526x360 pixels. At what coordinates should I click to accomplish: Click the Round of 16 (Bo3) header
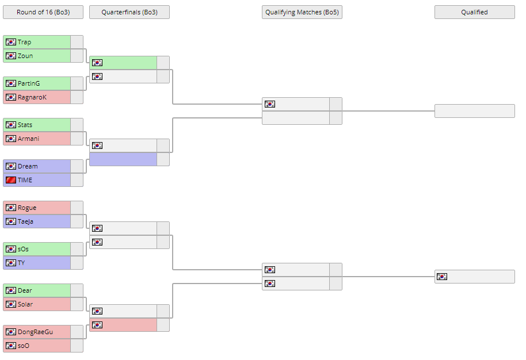pyautogui.click(x=43, y=12)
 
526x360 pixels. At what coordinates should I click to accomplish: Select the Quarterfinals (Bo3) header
pyautogui.click(x=129, y=12)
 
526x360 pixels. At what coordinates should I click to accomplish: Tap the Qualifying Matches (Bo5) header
pyautogui.click(x=302, y=12)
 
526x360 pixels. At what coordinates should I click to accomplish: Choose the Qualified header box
pyautogui.click(x=475, y=12)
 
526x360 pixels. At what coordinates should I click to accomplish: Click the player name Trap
pyautogui.click(x=25, y=42)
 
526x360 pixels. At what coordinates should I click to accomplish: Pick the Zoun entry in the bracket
pyautogui.click(x=25, y=56)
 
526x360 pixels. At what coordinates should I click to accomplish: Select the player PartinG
pyautogui.click(x=29, y=83)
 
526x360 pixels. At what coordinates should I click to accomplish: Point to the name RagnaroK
pyautogui.click(x=32, y=97)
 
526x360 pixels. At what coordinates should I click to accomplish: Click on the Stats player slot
pyautogui.click(x=25, y=125)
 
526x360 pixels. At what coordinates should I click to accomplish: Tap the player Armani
pyautogui.click(x=29, y=139)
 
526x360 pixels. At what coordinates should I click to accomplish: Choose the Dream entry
pyautogui.click(x=28, y=166)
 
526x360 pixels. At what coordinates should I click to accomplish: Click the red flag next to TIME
pyautogui.click(x=11, y=180)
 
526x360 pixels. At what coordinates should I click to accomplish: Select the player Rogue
pyautogui.click(x=27, y=208)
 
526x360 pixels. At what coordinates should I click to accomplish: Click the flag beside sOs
pyautogui.click(x=11, y=249)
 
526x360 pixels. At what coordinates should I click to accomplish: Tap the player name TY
pyautogui.click(x=22, y=263)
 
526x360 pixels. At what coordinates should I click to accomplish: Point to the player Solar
pyautogui.click(x=25, y=304)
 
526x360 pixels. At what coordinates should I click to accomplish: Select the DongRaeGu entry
pyautogui.click(x=35, y=332)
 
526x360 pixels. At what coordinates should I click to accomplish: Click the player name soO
pyautogui.click(x=24, y=346)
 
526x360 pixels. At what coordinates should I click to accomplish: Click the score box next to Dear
pyautogui.click(x=77, y=290)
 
